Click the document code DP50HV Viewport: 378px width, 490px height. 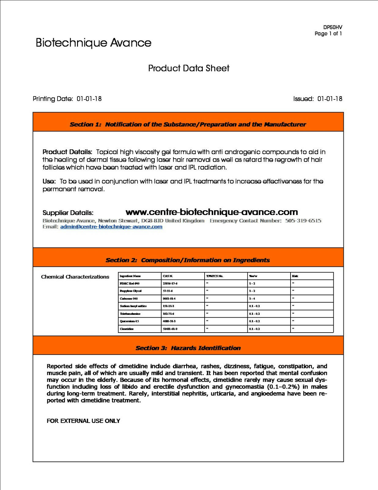(332, 27)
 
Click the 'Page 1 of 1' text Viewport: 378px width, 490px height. (328, 33)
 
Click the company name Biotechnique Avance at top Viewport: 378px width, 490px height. (93, 43)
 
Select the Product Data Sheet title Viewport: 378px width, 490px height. (189, 68)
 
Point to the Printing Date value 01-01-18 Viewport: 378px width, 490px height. (89, 99)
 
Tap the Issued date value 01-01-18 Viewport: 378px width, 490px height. (330, 99)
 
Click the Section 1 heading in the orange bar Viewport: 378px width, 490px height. (188, 124)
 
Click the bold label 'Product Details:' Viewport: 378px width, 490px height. (67, 152)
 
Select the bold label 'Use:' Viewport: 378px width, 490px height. (49, 181)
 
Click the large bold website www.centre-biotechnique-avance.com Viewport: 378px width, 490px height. (212, 212)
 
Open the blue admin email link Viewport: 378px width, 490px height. (111, 227)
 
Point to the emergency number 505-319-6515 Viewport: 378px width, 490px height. (303, 221)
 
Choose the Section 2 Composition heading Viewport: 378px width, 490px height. (188, 260)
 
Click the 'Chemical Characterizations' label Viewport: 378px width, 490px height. (75, 277)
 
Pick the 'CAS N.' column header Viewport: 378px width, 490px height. (168, 276)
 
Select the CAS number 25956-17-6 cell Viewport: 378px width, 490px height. (170, 284)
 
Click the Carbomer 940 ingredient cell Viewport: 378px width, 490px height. (129, 299)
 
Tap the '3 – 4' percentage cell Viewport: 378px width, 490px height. (252, 299)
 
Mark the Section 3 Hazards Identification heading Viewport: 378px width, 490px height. (188, 348)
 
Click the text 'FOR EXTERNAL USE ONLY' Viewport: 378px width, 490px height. (83, 421)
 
